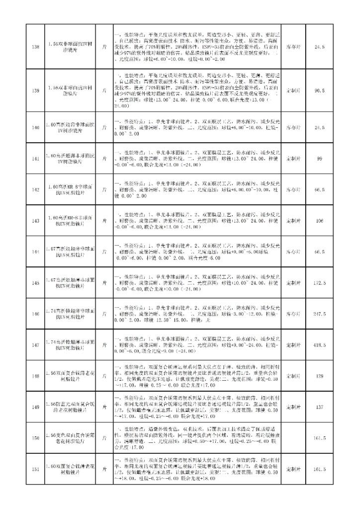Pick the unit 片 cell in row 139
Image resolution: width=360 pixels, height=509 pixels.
(x=104, y=91)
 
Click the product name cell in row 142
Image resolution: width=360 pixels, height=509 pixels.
(x=67, y=189)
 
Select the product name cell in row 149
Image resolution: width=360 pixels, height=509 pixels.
(x=67, y=407)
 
